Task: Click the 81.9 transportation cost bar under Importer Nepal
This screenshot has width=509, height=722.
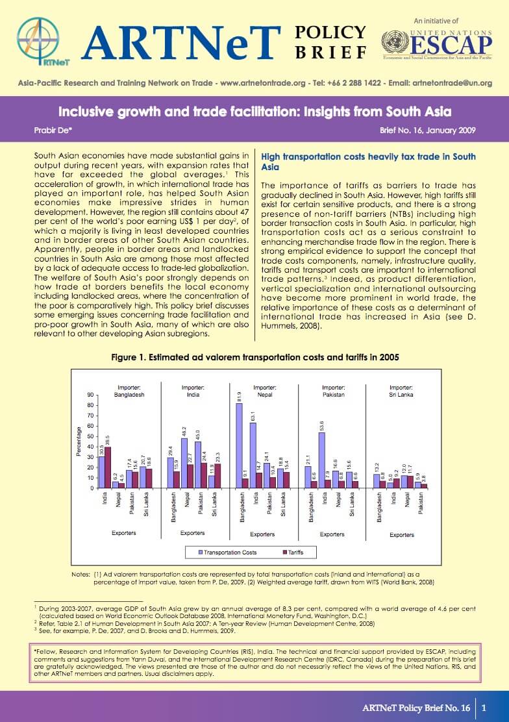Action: click(x=239, y=445)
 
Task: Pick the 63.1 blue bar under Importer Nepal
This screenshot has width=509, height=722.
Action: click(x=253, y=455)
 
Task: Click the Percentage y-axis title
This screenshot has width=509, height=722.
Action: click(x=79, y=442)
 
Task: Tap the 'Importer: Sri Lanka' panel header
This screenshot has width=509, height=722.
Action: click(x=401, y=390)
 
